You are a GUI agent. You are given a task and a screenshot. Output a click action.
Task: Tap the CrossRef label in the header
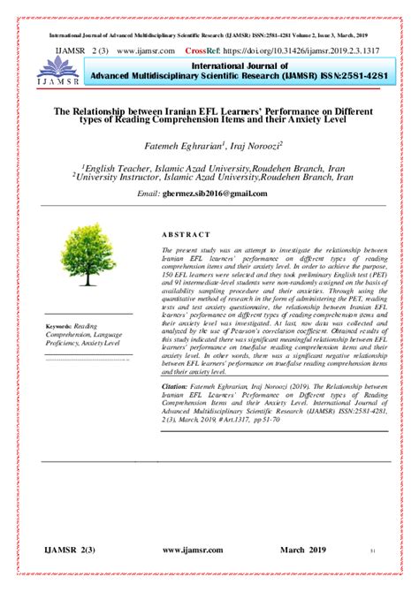point(211,51)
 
